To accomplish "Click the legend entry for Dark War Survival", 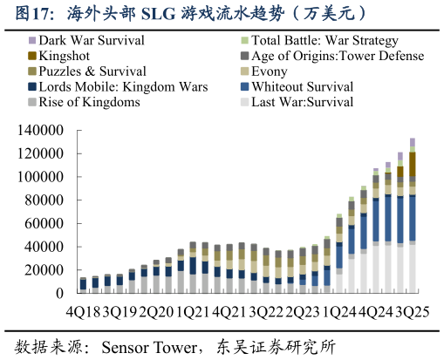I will click(92, 41).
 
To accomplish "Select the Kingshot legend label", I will click(69, 56).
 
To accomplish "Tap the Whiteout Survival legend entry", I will click(302, 87).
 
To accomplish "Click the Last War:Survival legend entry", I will click(302, 102).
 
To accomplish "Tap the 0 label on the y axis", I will click(59, 294).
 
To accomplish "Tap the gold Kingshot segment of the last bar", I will click(412, 164).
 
